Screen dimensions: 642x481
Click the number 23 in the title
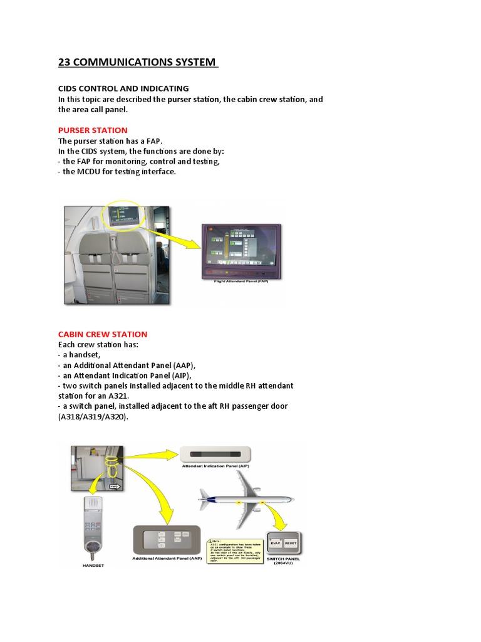[65, 62]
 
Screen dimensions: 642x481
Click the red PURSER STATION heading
[92, 130]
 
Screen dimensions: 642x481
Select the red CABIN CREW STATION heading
[103, 334]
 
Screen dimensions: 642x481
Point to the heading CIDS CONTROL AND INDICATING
[123, 88]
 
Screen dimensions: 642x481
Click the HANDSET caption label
[93, 565]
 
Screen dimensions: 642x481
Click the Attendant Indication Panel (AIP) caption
[215, 466]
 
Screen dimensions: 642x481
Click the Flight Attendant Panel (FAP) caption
[241, 282]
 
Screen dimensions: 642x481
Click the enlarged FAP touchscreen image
[241, 250]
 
